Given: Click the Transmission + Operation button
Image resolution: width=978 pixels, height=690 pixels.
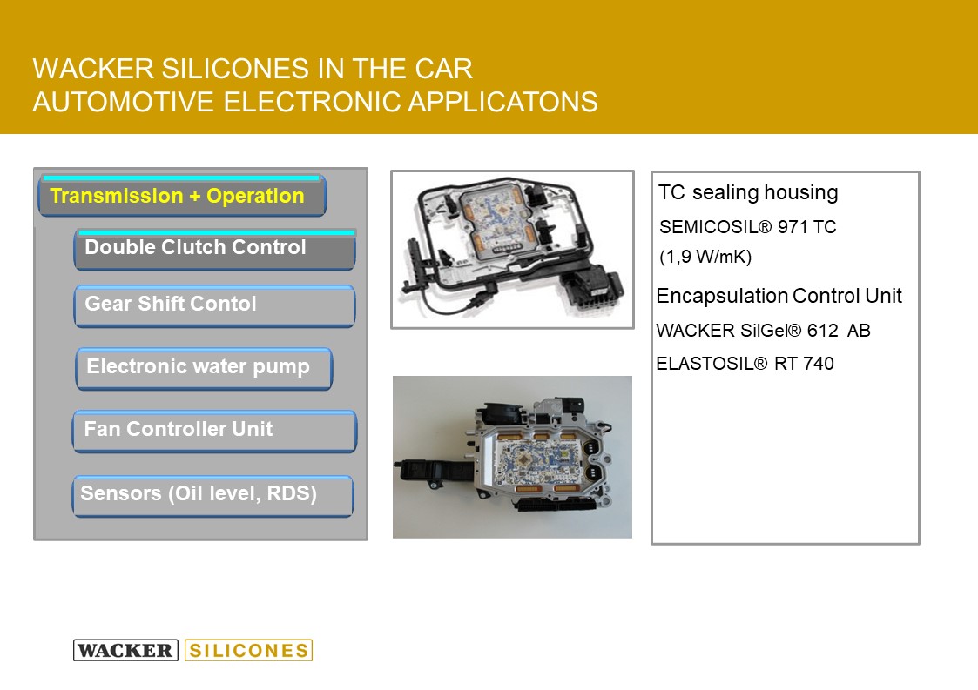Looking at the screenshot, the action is (182, 196).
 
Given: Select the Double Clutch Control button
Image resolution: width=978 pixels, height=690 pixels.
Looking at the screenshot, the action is (214, 250).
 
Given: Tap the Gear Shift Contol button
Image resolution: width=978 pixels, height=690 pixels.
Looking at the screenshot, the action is (214, 306).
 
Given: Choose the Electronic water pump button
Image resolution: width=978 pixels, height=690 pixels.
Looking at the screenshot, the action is (204, 368).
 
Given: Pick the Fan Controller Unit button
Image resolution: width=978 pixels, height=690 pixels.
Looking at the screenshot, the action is (214, 431).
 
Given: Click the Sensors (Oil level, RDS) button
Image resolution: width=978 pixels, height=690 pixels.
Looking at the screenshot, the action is (212, 496).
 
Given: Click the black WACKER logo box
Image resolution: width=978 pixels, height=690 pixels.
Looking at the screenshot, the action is (125, 650).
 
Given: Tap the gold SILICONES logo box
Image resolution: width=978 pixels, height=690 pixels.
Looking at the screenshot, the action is (249, 650).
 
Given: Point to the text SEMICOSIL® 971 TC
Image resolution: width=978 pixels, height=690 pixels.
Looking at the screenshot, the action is (747, 227).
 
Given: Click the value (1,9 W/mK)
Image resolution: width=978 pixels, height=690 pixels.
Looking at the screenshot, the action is (705, 256).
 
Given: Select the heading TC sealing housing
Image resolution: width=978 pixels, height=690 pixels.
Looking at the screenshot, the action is (748, 192).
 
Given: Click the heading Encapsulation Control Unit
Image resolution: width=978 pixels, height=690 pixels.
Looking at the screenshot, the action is (779, 296).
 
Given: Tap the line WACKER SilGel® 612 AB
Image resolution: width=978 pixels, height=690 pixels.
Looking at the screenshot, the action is (764, 331).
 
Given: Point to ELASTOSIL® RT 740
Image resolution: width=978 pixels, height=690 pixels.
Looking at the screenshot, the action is (745, 364).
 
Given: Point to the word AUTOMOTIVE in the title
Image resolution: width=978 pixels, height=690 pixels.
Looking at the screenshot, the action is (123, 102).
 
